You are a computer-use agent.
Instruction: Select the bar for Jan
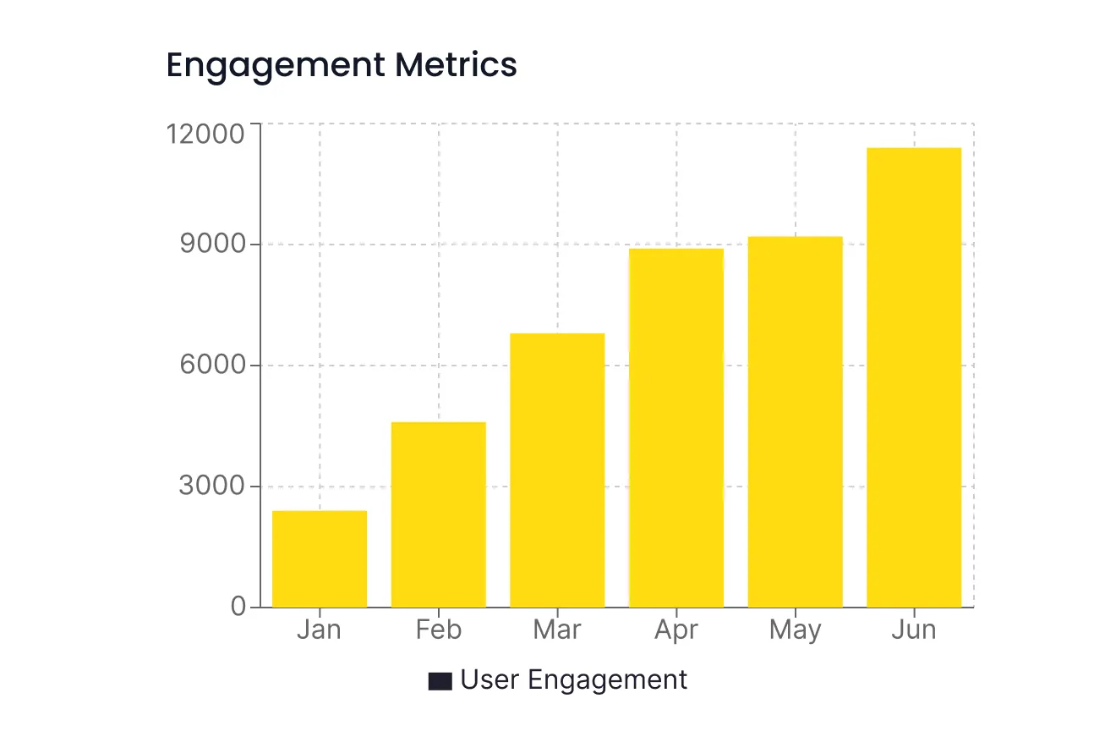(x=320, y=558)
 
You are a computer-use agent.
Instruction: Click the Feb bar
(x=438, y=514)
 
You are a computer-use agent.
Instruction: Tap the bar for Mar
(x=557, y=470)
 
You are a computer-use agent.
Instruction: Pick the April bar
(x=676, y=427)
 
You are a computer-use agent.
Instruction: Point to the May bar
(x=796, y=421)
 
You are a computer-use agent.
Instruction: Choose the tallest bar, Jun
(x=914, y=377)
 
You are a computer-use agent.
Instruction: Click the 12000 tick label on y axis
(x=206, y=135)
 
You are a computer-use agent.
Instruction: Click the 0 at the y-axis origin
(x=238, y=608)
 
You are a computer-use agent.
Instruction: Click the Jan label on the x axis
(x=319, y=630)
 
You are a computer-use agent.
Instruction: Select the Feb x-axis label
(x=438, y=630)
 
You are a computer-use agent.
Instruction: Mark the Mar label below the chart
(x=557, y=630)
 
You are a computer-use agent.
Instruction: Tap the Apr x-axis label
(x=676, y=630)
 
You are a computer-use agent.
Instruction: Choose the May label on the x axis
(x=796, y=631)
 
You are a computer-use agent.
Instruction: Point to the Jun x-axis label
(x=914, y=630)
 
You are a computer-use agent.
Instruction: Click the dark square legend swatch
(x=440, y=681)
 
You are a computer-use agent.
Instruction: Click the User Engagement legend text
(x=574, y=680)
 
